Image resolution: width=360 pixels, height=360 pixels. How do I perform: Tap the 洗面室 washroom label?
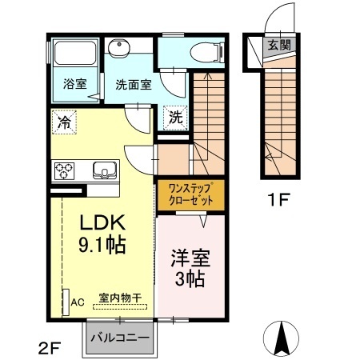pos(132,83)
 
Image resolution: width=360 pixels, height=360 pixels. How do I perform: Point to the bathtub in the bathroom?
pos(75,55)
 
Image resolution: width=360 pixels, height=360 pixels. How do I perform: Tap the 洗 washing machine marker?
pos(175,116)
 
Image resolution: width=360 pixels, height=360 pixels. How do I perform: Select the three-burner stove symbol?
pos(64,170)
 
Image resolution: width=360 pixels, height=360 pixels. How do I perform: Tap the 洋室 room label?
pos(190,259)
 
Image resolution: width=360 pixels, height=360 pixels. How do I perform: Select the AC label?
pos(78,302)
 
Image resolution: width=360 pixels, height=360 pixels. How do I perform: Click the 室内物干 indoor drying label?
pos(120,298)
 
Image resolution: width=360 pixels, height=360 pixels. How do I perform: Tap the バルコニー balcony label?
pos(118,338)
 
